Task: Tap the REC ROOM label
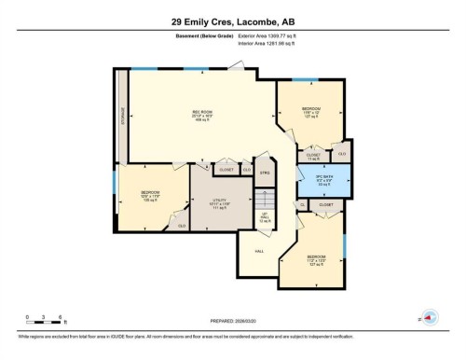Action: [x=198, y=115]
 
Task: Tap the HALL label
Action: [x=258, y=251]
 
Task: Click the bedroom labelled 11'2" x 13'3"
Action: [x=317, y=259]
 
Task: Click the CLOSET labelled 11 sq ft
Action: [x=313, y=156]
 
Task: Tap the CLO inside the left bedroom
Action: [x=182, y=226]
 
